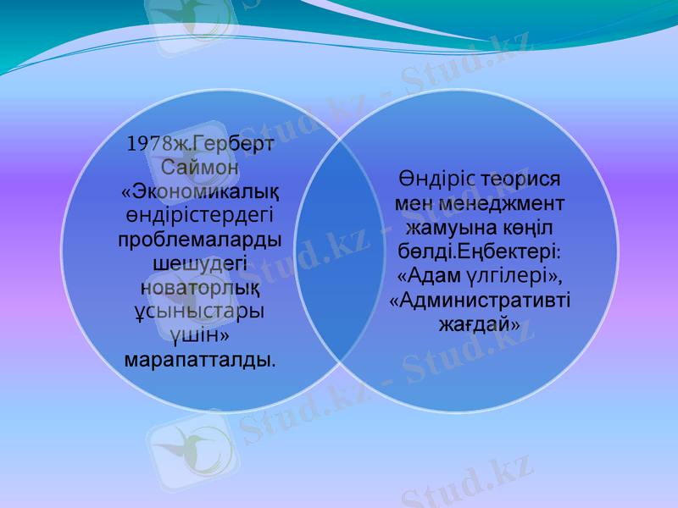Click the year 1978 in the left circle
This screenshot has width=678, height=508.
pyautogui.click(x=147, y=144)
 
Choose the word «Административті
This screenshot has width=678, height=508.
pyautogui.click(x=480, y=300)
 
